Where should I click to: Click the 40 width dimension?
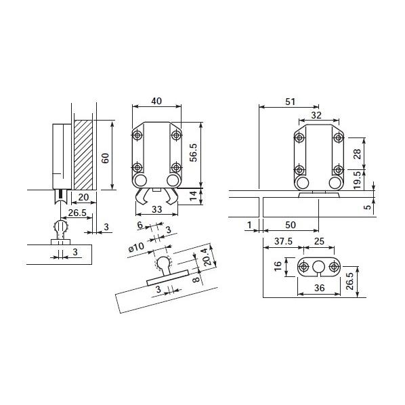pyautogui.click(x=156, y=101)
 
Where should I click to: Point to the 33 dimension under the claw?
pyautogui.click(x=157, y=210)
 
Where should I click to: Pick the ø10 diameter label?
pyautogui.click(x=136, y=247)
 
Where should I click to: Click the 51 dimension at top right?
pyautogui.click(x=290, y=102)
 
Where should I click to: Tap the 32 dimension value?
pyautogui.click(x=316, y=114)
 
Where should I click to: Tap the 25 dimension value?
pyautogui.click(x=320, y=242)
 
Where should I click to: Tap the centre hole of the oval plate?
pyautogui.click(x=317, y=266)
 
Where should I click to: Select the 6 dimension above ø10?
pyautogui.click(x=140, y=225)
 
